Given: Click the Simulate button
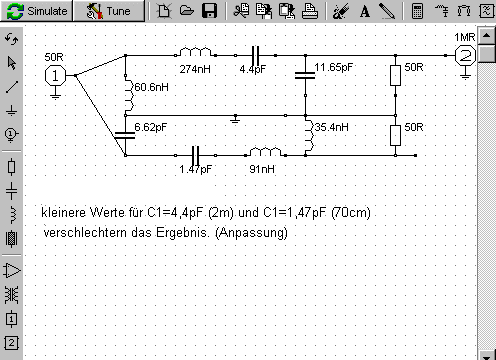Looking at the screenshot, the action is click(x=36, y=11).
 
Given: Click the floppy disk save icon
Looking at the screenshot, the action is click(x=210, y=11).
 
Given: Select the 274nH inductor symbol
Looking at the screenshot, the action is click(x=196, y=52).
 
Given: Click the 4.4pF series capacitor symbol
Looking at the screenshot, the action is click(x=256, y=55).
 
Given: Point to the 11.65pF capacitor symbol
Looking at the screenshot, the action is click(x=305, y=75).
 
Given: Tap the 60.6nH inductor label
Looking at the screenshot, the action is click(x=151, y=87).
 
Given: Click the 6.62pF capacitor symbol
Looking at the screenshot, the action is click(x=125, y=135).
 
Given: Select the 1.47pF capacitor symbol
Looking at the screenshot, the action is click(x=196, y=155).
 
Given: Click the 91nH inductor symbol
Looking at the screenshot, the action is click(x=266, y=152).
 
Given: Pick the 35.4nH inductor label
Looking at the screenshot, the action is click(x=332, y=127).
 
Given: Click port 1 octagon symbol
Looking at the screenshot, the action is click(x=55, y=76).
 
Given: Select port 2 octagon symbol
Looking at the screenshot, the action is click(x=465, y=56).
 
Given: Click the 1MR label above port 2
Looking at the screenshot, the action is click(x=465, y=37).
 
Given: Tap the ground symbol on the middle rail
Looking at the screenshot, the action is click(x=235, y=119).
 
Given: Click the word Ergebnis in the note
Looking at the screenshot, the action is click(x=183, y=232).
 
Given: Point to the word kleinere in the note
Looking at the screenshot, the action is click(x=63, y=212).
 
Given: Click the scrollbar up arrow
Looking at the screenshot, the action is click(x=487, y=35).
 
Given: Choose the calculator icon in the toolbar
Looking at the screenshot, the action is click(x=417, y=11).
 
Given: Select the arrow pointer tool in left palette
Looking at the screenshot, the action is click(x=12, y=63).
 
